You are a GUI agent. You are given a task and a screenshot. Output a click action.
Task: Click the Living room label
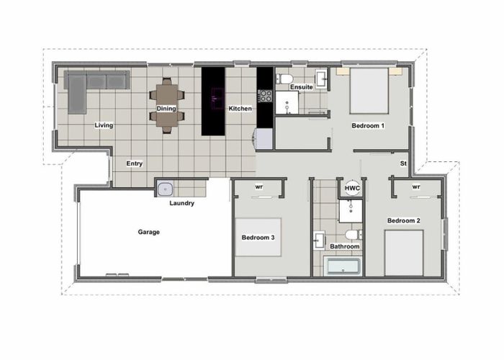point(104,125)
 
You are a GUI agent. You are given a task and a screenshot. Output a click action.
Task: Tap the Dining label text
point(166,109)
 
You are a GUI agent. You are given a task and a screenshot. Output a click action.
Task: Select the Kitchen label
point(240,109)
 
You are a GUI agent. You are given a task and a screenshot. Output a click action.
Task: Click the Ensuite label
point(301,87)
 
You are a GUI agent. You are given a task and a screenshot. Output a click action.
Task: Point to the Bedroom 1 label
point(368,125)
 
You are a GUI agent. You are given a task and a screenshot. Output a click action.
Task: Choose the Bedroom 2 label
point(403,220)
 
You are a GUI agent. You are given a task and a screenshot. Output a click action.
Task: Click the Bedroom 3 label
point(258,237)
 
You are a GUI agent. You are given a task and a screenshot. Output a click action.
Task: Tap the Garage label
point(148,232)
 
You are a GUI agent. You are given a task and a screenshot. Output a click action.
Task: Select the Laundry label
point(181,203)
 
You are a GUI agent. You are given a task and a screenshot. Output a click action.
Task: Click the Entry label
point(134,163)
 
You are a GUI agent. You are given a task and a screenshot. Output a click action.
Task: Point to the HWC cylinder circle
point(352,188)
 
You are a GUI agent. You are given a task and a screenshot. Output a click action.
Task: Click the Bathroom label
point(344,246)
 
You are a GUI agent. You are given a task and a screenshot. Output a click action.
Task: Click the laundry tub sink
point(166,189)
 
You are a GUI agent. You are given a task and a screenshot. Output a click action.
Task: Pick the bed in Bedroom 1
point(369,91)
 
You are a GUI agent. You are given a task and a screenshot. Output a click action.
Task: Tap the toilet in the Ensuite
point(285,78)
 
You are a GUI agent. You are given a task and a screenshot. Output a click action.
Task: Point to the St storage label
point(404,163)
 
